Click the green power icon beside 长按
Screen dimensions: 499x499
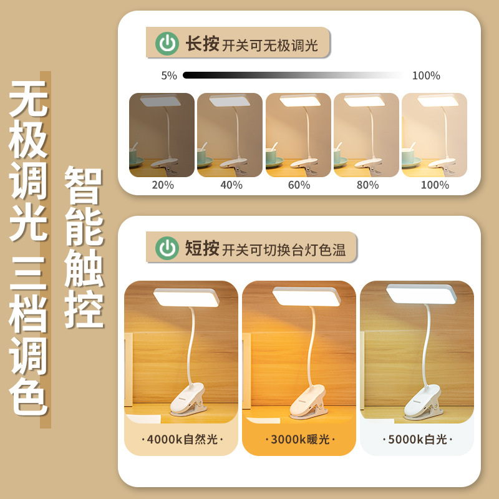pyautogui.click(x=167, y=43)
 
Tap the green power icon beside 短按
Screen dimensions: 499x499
pyautogui.click(x=167, y=248)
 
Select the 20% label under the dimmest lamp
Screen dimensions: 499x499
pyautogui.click(x=163, y=185)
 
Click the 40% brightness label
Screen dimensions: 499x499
pyautogui.click(x=231, y=185)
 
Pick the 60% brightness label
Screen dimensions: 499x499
pyautogui.click(x=299, y=185)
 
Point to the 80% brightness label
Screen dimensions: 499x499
pyautogui.click(x=367, y=185)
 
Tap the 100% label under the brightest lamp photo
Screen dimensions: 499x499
pyautogui.click(x=435, y=185)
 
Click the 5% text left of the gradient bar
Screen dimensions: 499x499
pyautogui.click(x=169, y=75)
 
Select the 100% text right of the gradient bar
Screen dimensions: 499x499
pyautogui.click(x=426, y=75)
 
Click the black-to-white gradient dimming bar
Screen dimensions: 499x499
pyautogui.click(x=293, y=75)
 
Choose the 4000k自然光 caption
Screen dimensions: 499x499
pyautogui.click(x=182, y=440)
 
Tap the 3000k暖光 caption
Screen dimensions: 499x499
pyautogui.click(x=300, y=440)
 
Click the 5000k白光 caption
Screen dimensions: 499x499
pyautogui.click(x=417, y=440)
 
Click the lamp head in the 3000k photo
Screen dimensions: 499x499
pyautogui.click(x=306, y=297)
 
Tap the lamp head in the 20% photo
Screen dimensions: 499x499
pyautogui.click(x=160, y=101)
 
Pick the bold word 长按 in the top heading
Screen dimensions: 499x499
pyautogui.click(x=202, y=44)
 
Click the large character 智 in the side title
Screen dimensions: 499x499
pyautogui.click(x=84, y=185)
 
